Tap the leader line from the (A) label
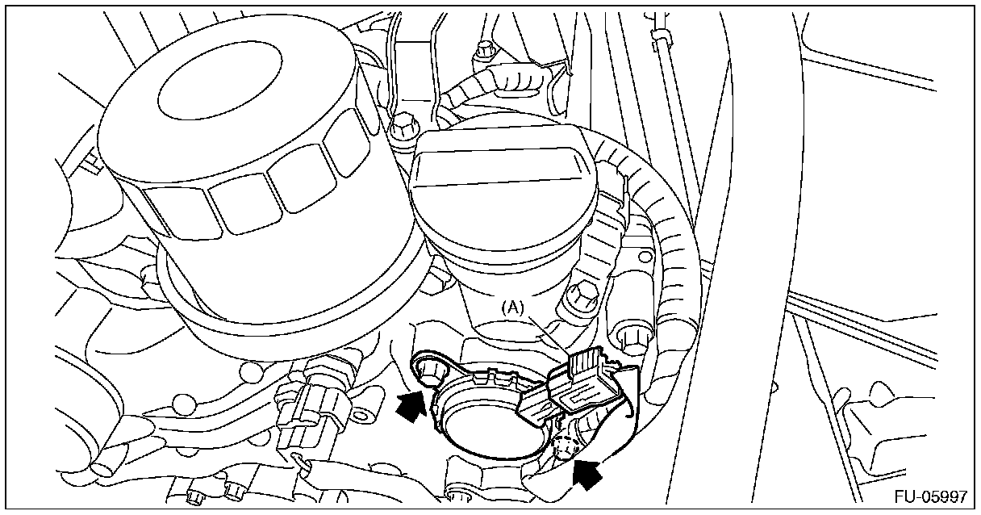(x=548, y=332)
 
